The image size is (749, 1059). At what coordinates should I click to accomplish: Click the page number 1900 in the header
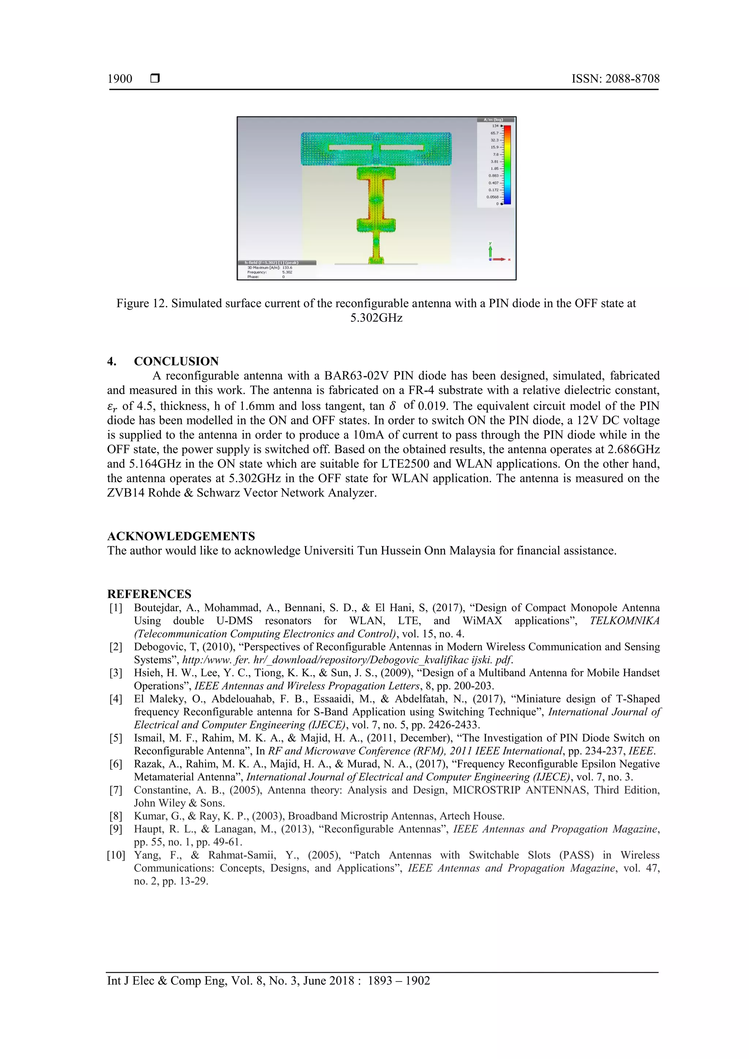[120, 79]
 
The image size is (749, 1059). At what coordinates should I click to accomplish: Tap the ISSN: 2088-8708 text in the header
[615, 79]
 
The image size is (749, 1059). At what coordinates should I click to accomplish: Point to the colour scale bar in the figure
[507, 164]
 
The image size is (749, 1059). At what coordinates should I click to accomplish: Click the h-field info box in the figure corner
[277, 269]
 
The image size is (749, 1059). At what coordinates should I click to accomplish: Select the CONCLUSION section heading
[176, 361]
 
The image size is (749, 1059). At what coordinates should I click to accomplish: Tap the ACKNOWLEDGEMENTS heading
[181, 536]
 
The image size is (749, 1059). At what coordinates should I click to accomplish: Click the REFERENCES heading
[149, 594]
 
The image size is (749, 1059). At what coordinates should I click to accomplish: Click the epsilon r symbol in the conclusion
[113, 407]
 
